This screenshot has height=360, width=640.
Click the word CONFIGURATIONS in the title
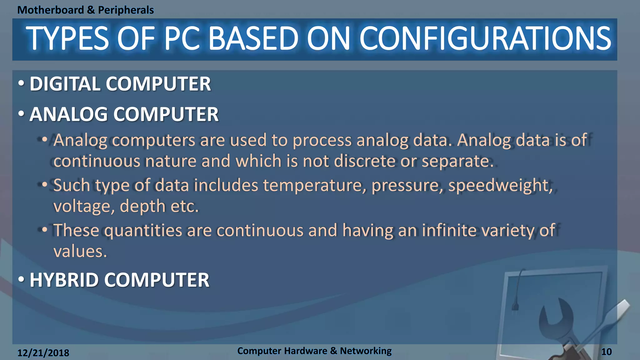tap(485, 39)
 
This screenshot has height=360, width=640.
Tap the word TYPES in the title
tap(67, 39)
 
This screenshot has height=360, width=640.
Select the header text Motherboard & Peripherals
tap(85, 10)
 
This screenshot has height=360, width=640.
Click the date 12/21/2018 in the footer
tap(43, 353)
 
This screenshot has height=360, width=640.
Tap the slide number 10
tap(606, 352)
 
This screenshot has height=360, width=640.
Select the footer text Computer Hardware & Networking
tap(314, 351)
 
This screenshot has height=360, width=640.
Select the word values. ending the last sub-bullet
tap(80, 252)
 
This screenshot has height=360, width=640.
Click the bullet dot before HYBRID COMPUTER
tap(21, 279)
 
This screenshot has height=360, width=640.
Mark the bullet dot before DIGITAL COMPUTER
tap(21, 83)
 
